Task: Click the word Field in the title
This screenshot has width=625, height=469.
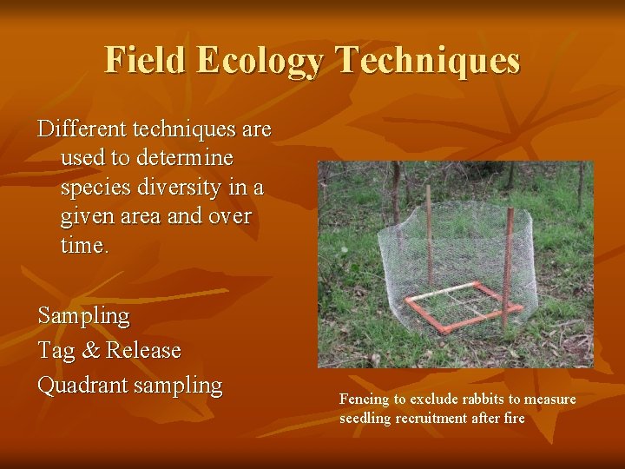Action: coord(145,61)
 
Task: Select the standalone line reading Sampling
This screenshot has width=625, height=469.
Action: coord(83,316)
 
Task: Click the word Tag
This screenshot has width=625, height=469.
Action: coord(55,351)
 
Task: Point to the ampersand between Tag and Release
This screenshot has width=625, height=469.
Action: coord(89,351)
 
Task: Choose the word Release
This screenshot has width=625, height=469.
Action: coord(143,351)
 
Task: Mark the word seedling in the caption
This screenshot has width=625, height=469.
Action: coord(365,418)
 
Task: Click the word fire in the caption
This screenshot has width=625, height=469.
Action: coord(512,418)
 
